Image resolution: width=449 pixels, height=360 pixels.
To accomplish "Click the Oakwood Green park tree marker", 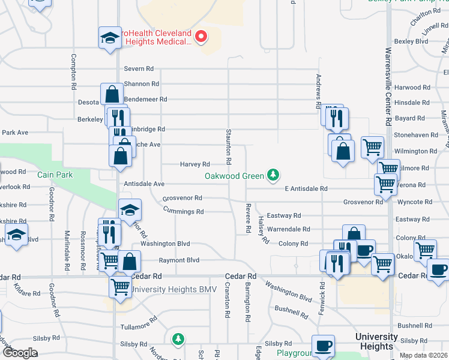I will point(274,175).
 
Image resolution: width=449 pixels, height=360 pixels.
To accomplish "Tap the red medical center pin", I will point(201,37).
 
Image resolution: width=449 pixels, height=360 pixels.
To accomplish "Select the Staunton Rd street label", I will point(229,147).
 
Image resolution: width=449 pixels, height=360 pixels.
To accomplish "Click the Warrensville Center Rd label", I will point(388,86).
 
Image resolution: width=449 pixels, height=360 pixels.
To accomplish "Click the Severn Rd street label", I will point(139,69).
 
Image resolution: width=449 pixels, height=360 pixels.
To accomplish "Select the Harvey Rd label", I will point(195,164).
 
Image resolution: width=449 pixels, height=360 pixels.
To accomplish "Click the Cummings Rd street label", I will point(184,211).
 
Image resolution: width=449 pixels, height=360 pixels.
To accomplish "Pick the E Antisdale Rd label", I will point(306,188).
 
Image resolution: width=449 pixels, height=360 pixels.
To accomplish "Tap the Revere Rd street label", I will point(247,218).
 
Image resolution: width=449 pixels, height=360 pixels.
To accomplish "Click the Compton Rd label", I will point(74,70).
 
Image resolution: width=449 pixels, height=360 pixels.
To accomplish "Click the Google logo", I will point(20,353).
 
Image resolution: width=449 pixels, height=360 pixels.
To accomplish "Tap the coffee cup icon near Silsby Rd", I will point(324,346).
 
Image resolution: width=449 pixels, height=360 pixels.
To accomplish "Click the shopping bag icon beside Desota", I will point(112,94).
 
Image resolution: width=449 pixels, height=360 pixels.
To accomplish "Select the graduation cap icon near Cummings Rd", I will point(130,210).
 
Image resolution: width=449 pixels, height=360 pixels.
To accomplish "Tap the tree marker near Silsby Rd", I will point(178,340).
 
